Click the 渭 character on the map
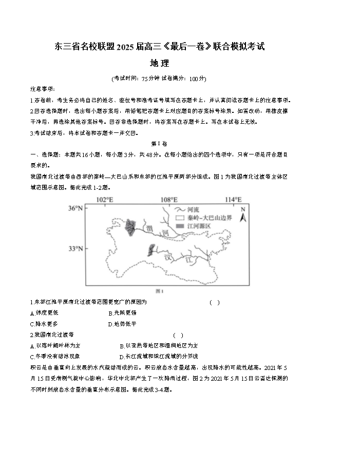click(x=149, y=226)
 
